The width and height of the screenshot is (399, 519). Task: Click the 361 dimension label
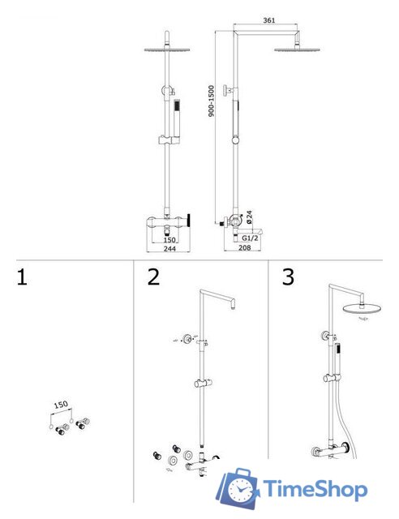(269, 20)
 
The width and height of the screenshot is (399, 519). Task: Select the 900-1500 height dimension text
(211, 101)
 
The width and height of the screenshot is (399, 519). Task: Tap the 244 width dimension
(169, 248)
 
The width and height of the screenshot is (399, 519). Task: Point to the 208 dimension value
(245, 247)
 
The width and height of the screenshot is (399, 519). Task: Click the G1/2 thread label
(250, 238)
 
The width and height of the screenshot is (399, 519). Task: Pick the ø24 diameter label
(249, 217)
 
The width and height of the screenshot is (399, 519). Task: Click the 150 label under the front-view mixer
(169, 240)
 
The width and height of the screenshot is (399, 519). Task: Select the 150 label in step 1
(61, 405)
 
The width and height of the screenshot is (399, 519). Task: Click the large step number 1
(22, 277)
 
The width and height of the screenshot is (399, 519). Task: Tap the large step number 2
(153, 277)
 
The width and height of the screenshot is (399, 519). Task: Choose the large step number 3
(288, 277)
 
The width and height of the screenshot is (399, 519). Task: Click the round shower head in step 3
(362, 309)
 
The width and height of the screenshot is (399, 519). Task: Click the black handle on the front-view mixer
(189, 220)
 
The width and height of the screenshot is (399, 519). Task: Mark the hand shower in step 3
(337, 359)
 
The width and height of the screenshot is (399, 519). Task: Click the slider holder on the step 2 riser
(203, 384)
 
